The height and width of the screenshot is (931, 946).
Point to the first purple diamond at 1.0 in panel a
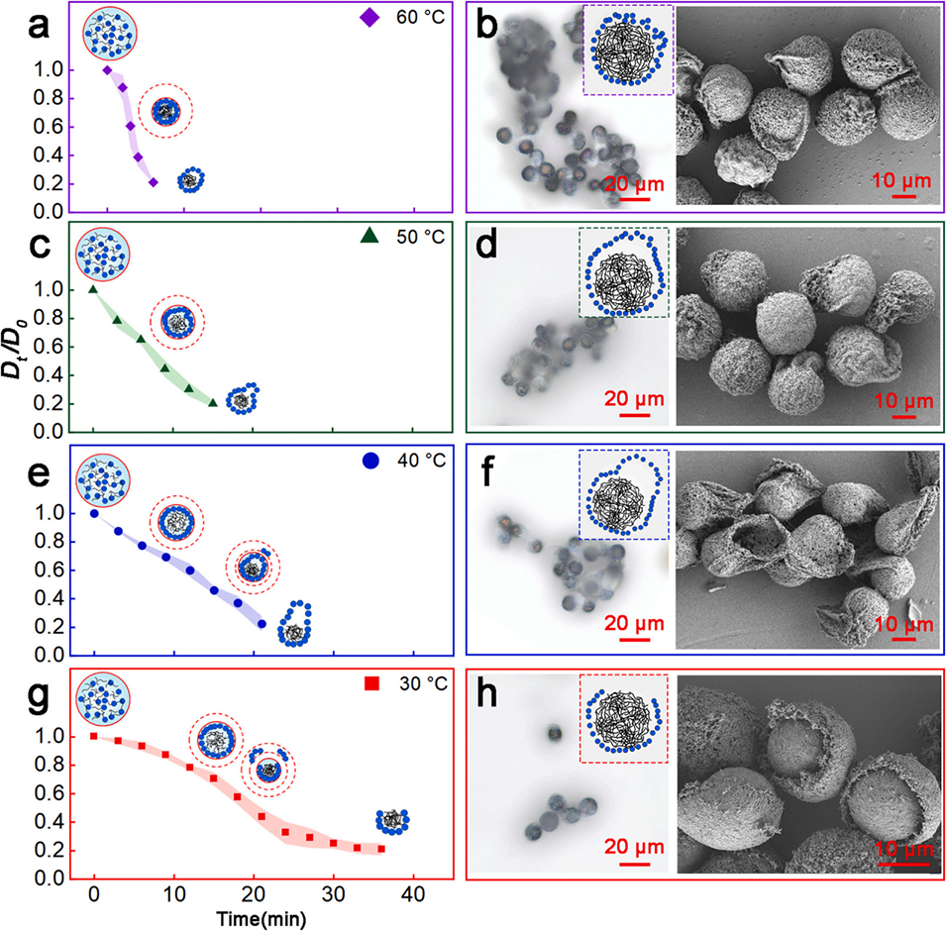click(x=107, y=69)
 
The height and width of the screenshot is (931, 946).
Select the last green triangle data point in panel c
click(x=213, y=401)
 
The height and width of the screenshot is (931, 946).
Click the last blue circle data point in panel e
click(x=262, y=624)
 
